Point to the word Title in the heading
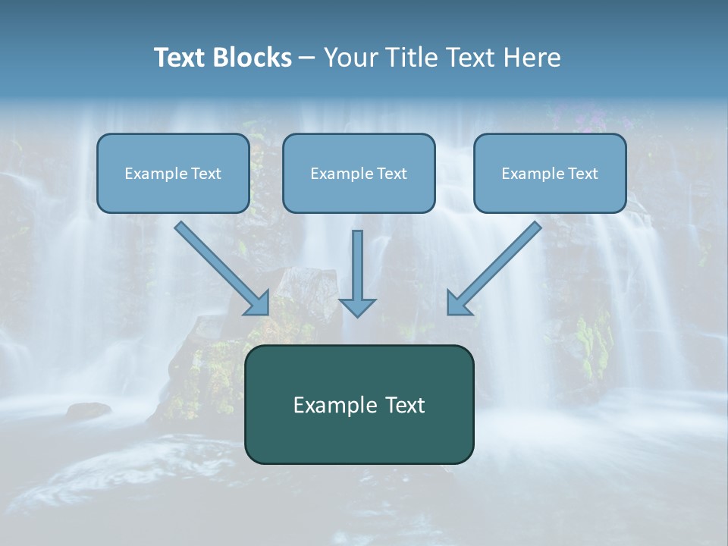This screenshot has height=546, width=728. point(413,58)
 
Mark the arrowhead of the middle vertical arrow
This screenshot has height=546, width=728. point(357,306)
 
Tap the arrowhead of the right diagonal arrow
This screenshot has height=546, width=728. point(457,303)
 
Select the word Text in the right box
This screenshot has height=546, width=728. point(582,174)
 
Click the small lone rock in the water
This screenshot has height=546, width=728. point(88,410)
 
